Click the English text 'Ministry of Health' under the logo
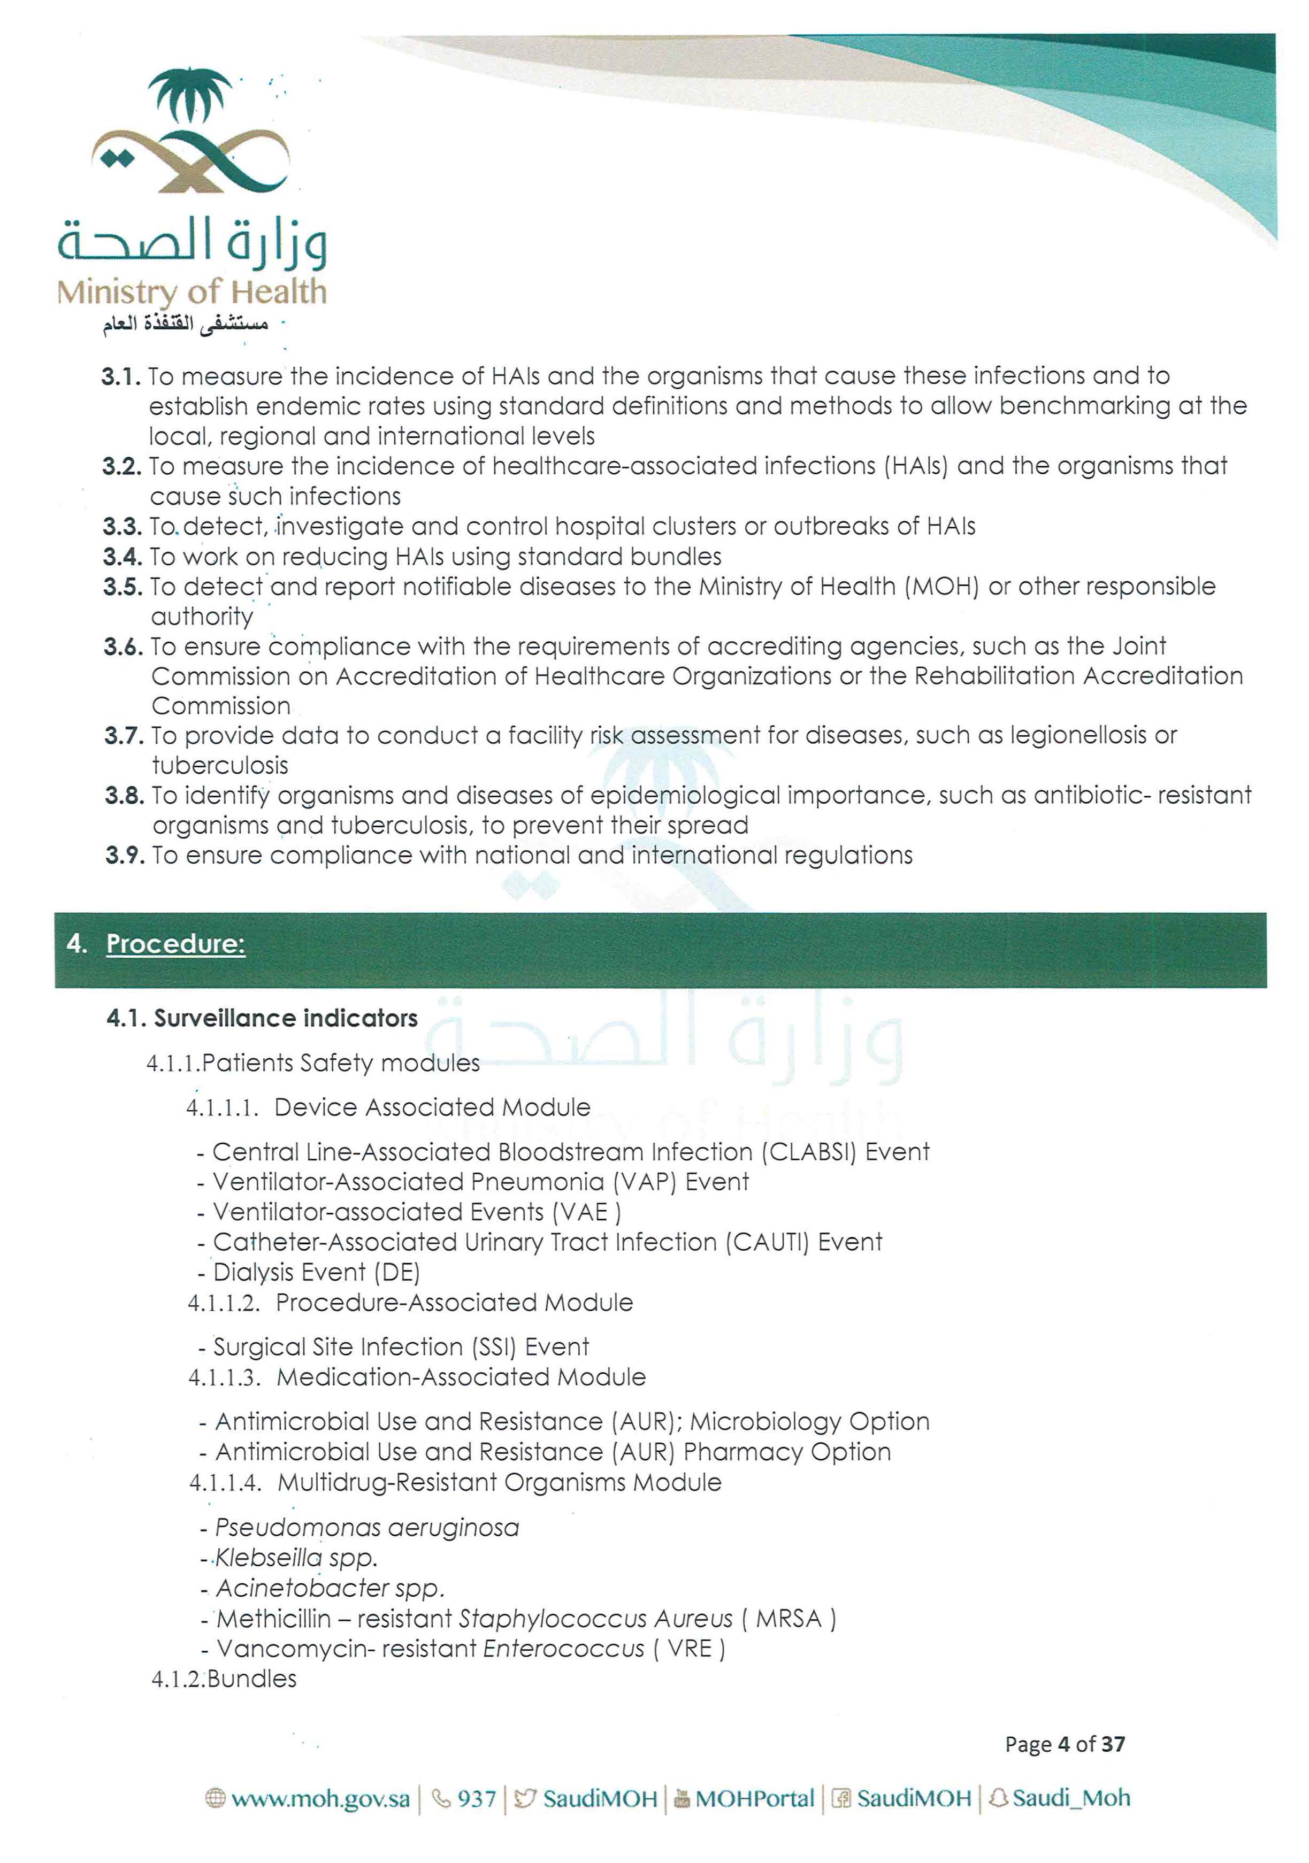(192, 292)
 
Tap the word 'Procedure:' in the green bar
(175, 944)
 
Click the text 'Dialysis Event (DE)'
(317, 1272)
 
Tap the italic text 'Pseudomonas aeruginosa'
(367, 1528)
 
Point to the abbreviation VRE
(689, 1649)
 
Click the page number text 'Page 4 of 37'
(1065, 1744)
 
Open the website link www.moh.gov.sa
(319, 1799)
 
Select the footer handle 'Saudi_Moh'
(1070, 1798)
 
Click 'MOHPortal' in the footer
(754, 1799)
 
